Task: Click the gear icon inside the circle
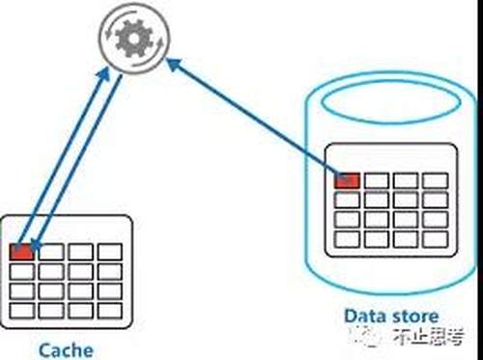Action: point(134,39)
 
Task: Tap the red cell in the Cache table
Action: point(21,252)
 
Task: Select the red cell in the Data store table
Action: point(347,180)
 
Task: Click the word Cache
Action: point(66,349)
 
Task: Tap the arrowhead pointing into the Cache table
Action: point(36,245)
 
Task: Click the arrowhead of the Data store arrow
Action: point(174,65)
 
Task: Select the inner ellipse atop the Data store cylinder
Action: point(390,101)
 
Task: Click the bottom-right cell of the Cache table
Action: point(110,311)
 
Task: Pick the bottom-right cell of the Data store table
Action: point(436,239)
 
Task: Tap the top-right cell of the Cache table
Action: point(110,252)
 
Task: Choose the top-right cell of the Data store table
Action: point(436,180)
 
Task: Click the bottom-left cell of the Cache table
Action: point(21,311)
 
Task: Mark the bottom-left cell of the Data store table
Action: point(347,239)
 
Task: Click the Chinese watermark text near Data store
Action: point(429,337)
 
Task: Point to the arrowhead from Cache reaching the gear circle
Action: point(104,73)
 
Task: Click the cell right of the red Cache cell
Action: point(51,252)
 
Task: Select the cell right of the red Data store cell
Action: point(377,180)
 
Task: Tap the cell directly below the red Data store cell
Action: point(347,200)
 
